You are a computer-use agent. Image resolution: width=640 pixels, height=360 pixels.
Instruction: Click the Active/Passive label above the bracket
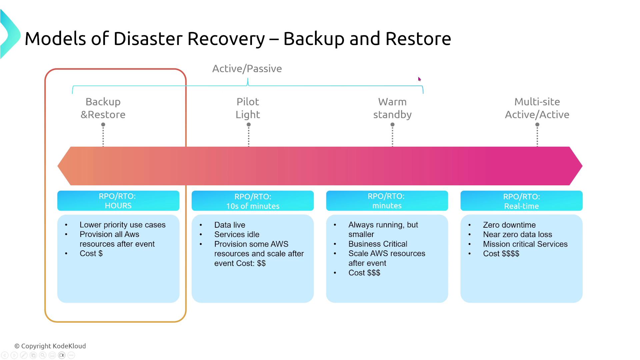coord(247,69)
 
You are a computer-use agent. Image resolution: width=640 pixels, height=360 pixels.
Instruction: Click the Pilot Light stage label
coord(248,108)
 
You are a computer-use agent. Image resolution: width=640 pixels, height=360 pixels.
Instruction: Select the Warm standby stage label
coord(392,108)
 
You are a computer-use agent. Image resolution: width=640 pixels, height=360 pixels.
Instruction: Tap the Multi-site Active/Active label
coord(537,108)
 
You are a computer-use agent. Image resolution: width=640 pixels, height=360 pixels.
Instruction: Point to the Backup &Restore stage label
coord(103,108)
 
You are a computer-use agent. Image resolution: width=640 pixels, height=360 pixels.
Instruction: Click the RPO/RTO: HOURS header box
coord(118,201)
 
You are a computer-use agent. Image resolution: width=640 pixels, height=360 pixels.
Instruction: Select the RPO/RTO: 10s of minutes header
coord(253,201)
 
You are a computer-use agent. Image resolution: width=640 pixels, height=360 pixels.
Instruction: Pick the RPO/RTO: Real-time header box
coord(521,201)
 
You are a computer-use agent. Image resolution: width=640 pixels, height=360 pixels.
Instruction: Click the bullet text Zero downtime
coord(509,225)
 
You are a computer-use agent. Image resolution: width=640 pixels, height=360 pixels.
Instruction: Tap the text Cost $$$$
coord(501,254)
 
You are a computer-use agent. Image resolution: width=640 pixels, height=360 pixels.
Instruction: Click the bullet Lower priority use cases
coord(122,225)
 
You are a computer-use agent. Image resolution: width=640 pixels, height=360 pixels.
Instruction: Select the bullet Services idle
coord(237,235)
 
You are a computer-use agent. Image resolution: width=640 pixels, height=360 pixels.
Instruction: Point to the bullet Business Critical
coord(378,244)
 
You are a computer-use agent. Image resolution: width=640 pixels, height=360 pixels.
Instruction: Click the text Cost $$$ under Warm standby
coord(364,273)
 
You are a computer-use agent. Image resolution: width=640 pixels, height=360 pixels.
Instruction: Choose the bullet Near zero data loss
coord(517,235)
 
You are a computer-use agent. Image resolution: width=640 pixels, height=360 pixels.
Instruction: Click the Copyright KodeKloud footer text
coord(50,346)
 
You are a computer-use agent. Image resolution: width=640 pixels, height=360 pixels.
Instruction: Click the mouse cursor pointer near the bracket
coord(419,79)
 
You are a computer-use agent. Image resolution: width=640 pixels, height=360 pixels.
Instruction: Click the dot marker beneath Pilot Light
coord(249,125)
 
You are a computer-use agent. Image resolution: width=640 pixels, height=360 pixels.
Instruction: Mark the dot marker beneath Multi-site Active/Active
coord(537,125)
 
